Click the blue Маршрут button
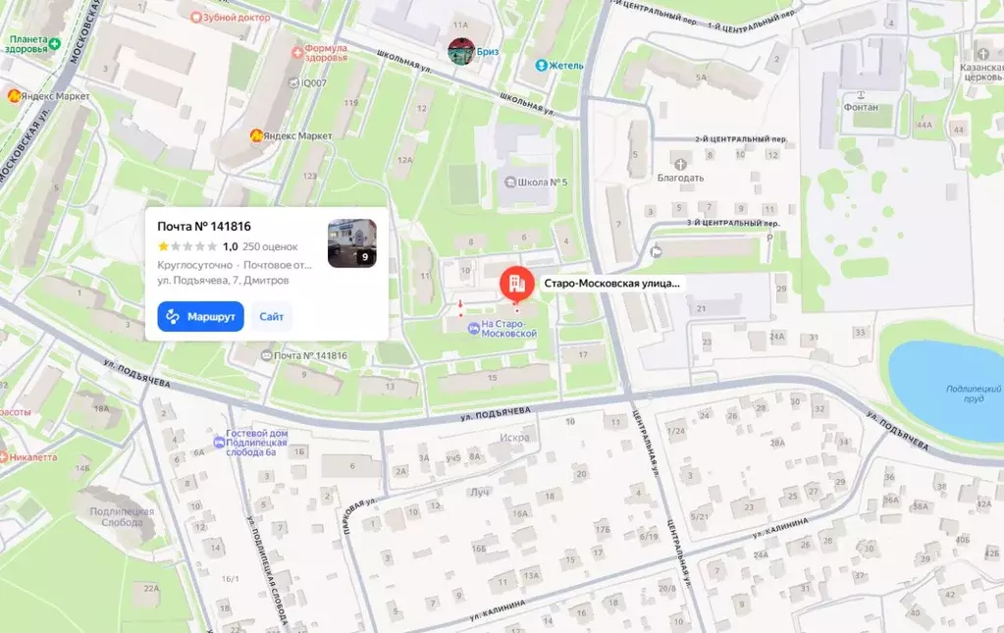click(200, 317)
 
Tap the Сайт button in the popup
click(272, 317)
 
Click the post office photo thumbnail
click(351, 243)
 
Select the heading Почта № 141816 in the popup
click(204, 227)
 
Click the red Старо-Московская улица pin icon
click(514, 284)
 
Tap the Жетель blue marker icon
click(541, 66)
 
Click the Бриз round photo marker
click(462, 51)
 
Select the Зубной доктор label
click(241, 17)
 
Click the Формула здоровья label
click(326, 52)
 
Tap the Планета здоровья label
click(30, 46)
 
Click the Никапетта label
click(31, 457)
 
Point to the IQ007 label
click(313, 83)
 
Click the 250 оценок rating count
click(270, 247)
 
